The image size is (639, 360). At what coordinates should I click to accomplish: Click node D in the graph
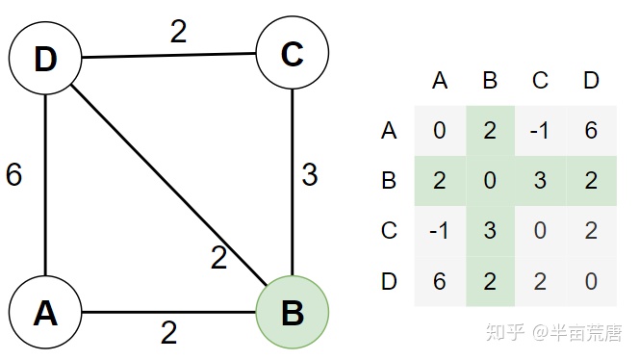44,59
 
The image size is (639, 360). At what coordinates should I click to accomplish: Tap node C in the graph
292,56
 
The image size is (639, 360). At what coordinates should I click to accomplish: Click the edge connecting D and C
168,57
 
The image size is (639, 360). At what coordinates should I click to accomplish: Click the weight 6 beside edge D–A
13,175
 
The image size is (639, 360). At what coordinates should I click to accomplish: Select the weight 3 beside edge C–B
310,175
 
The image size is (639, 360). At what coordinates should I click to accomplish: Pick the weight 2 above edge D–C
179,32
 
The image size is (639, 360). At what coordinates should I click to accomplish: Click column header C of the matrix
540,81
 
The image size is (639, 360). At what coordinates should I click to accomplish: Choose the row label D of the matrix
389,282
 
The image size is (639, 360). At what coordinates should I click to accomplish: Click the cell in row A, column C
540,130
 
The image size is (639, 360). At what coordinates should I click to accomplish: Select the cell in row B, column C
540,181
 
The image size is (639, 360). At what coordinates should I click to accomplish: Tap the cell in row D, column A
440,282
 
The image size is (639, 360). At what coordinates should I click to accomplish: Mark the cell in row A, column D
591,130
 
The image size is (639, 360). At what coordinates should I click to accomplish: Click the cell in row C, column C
540,231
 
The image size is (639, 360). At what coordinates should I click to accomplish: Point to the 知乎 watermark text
507,333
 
